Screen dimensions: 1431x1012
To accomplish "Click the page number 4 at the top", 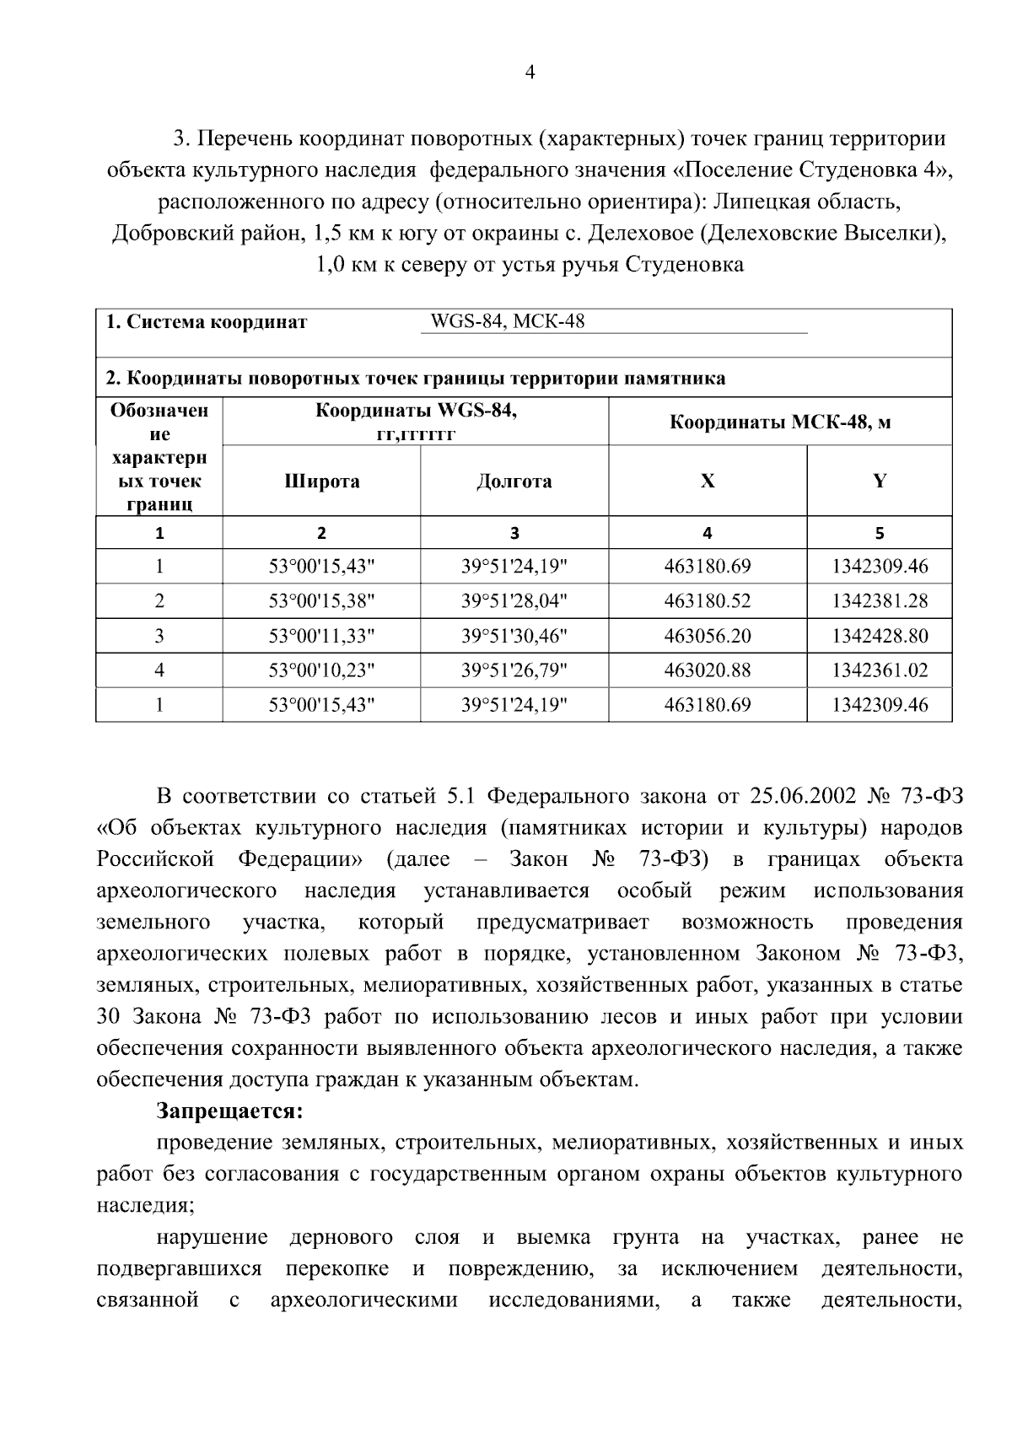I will tap(530, 73).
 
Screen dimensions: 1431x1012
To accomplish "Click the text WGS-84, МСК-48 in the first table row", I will tap(507, 322).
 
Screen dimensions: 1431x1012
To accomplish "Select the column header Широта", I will tap(321, 481).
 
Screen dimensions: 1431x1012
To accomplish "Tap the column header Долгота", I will tap(514, 481).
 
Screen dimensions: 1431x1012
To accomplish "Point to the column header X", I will tap(707, 481).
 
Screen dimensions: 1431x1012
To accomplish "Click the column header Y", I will tap(879, 481).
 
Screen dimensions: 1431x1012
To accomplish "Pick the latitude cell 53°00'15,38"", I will tap(321, 601).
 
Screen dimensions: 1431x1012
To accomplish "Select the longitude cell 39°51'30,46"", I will tap(514, 636).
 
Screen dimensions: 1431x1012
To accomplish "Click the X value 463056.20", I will tap(707, 636).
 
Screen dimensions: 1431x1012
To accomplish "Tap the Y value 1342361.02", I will tap(879, 670).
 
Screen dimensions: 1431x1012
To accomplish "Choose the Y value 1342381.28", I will tap(879, 601).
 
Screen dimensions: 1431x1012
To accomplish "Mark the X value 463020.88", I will tap(707, 670).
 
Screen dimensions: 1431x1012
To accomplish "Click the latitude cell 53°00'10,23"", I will tap(321, 670).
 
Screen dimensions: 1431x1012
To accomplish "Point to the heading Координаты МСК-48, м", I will tap(779, 422).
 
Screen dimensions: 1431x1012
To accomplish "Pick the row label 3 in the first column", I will tap(159, 636).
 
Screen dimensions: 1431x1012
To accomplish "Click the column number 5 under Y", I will tap(879, 533).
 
